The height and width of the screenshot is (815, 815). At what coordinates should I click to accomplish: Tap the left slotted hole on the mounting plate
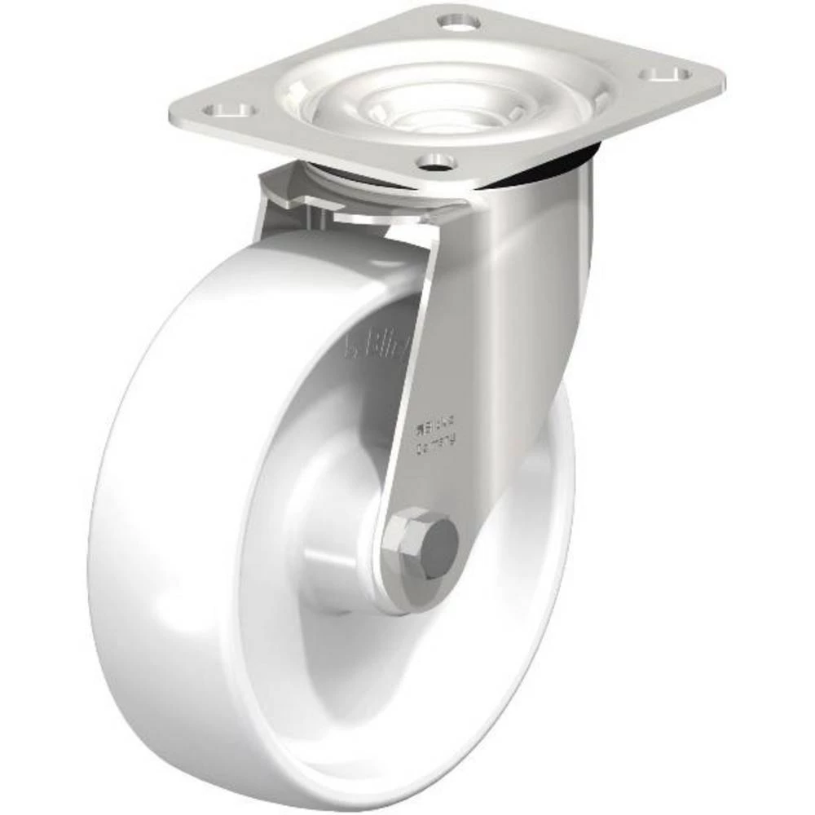(230, 109)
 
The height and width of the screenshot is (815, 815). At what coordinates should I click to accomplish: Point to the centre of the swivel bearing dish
(446, 107)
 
